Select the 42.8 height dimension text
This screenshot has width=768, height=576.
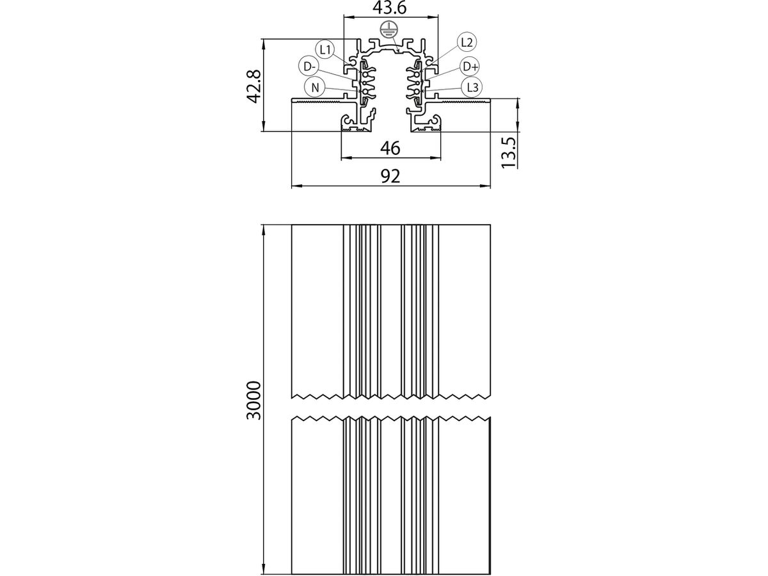point(254,87)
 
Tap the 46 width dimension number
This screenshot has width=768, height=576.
point(390,148)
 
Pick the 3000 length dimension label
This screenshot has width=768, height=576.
point(254,399)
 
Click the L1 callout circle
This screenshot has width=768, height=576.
point(324,49)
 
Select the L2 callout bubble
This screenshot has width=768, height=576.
point(467,43)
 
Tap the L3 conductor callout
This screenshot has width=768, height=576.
point(472,86)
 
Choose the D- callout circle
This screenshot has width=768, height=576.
point(308,66)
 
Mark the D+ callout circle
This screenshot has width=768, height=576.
point(470,66)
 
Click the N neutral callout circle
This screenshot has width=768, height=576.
point(315,87)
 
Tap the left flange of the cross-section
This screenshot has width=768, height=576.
point(317,100)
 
